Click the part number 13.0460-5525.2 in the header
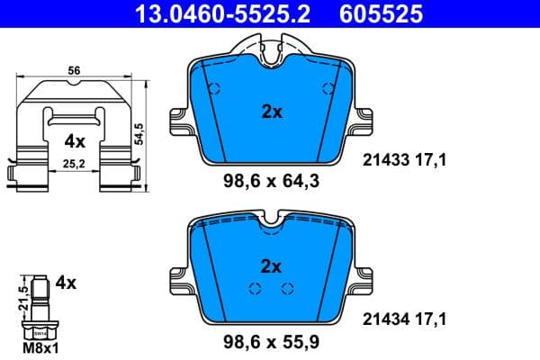[208, 13]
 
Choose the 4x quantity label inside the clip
[75, 141]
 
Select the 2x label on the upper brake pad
[271, 112]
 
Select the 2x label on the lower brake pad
[271, 265]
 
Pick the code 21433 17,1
[405, 161]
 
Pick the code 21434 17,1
[405, 318]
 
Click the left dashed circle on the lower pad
[255, 288]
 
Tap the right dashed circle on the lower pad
[287, 288]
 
